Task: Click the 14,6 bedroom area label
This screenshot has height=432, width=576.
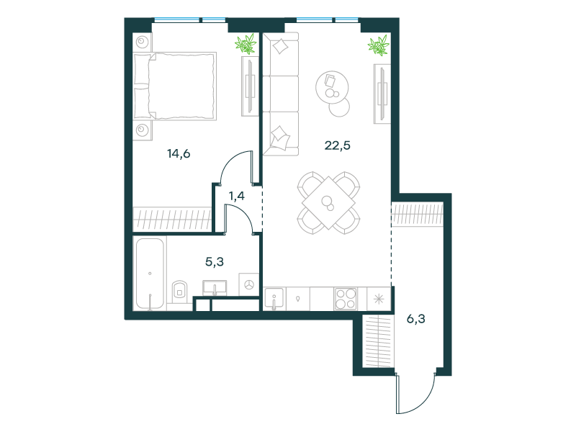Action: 179,153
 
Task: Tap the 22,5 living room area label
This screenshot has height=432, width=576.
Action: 337,145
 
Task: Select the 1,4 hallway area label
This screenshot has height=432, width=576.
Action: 237,196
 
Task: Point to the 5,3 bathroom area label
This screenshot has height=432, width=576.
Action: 214,262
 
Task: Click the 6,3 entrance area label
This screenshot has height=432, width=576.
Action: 416,319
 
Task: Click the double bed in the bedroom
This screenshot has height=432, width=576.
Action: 175,86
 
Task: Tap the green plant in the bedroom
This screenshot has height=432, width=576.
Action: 246,44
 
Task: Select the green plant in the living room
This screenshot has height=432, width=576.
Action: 379,45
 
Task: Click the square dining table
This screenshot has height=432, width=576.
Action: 328,203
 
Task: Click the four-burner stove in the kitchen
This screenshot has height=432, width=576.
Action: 346,299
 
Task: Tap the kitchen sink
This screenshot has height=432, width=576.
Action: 274,298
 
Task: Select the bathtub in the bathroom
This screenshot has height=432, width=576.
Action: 150,274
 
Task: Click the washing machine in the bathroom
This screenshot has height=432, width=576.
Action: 248,284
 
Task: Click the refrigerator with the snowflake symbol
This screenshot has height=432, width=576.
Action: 379,299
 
